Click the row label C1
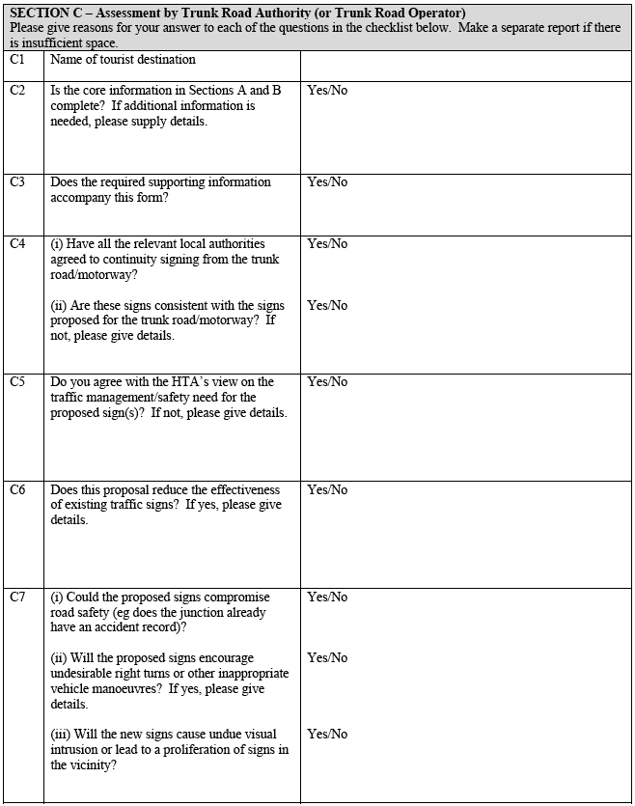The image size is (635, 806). pos(17,60)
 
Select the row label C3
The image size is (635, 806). pos(17,181)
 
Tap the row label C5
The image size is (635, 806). pos(17,381)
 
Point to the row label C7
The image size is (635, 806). pos(17,597)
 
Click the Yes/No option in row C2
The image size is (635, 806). pos(327,90)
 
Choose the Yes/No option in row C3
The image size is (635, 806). pos(327,181)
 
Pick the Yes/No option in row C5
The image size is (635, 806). pos(327,381)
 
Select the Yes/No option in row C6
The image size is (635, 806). pos(327,489)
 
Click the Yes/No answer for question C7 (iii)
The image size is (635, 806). pos(327,734)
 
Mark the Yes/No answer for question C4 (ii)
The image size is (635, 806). pos(327,305)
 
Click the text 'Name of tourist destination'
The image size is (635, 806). pos(123,60)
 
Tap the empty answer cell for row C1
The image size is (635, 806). pos(465,65)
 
